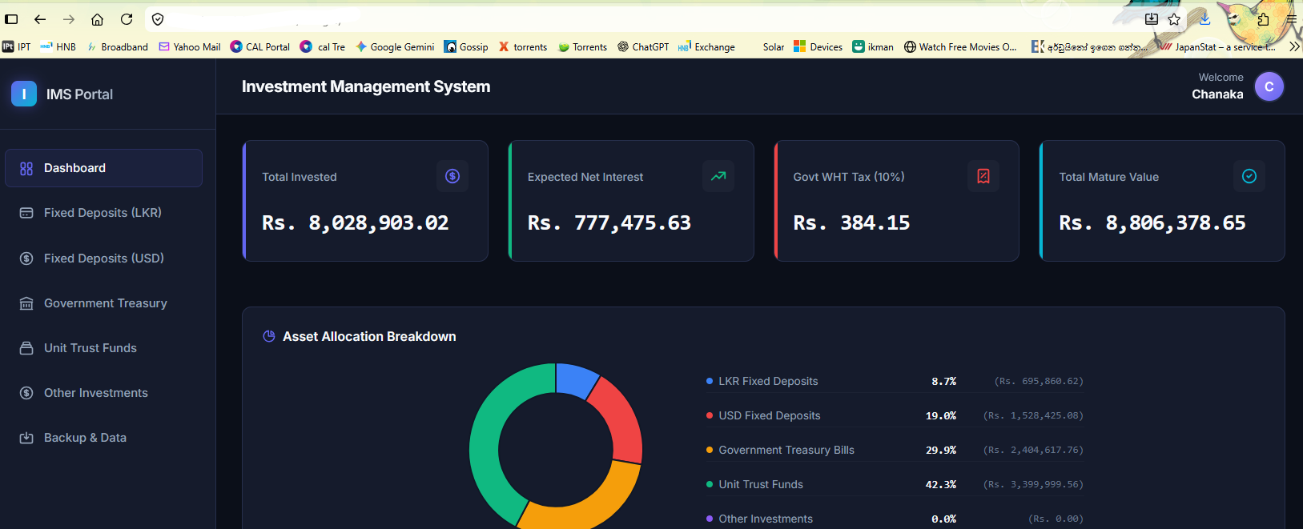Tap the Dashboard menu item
103,168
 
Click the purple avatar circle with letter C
1269,86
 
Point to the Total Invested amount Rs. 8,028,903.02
355,222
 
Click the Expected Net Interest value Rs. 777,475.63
609,222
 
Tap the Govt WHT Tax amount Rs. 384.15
851,222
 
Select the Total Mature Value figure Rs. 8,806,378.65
1152,222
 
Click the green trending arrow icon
718,175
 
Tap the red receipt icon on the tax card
983,176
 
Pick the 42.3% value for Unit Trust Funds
940,484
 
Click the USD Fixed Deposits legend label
769,415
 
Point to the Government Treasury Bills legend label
786,450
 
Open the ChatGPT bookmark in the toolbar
643,46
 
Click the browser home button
97,19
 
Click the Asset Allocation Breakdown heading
368,337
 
